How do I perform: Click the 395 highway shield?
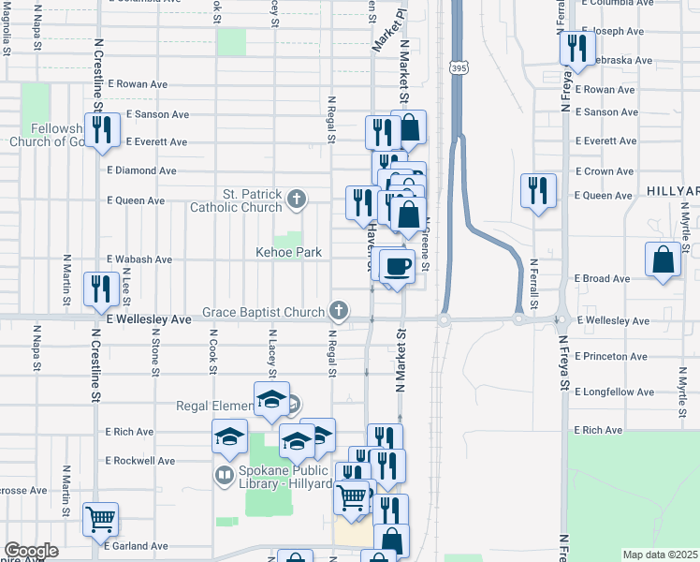click(458, 68)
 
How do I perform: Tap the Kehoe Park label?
click(289, 252)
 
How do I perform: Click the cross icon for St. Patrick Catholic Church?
click(297, 198)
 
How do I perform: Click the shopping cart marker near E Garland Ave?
click(100, 518)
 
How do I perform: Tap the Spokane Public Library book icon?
click(224, 475)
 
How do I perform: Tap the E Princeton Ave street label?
click(611, 357)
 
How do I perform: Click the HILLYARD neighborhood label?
click(672, 190)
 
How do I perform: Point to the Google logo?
click(30, 551)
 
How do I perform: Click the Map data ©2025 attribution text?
click(661, 555)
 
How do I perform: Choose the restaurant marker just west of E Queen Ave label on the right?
click(538, 190)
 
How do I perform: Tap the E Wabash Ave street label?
click(139, 259)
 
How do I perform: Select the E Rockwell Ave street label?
click(141, 461)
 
